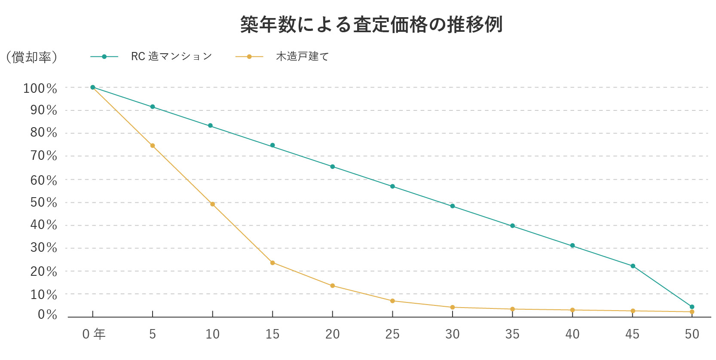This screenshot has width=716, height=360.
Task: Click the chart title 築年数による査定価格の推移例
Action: click(x=371, y=24)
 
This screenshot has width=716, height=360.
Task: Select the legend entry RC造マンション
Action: click(x=171, y=56)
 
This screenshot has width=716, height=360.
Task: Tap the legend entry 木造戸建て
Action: click(x=302, y=56)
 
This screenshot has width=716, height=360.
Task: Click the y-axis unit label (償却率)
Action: click(x=31, y=57)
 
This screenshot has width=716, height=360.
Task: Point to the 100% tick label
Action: click(x=40, y=88)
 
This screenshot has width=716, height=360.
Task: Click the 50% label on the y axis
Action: click(x=43, y=202)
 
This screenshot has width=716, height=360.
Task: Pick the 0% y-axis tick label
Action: click(x=47, y=314)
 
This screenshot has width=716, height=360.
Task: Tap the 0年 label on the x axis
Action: click(x=94, y=334)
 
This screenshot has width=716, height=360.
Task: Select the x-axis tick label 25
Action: click(x=392, y=334)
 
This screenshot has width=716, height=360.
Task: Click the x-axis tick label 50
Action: click(x=692, y=334)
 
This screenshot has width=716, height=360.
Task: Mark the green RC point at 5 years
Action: click(x=153, y=107)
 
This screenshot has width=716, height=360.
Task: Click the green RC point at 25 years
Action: click(x=392, y=186)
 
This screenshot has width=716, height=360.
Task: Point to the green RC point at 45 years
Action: click(x=633, y=266)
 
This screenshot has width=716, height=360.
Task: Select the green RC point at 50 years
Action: click(x=692, y=307)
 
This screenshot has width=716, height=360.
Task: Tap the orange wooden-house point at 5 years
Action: click(x=153, y=146)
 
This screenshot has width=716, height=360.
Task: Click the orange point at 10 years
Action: click(x=212, y=204)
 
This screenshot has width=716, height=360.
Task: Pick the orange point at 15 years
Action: click(x=272, y=262)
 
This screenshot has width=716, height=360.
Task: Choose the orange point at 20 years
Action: click(x=333, y=286)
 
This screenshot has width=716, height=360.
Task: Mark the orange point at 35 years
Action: click(x=512, y=309)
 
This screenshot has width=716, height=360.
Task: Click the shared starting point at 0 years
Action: click(x=93, y=87)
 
